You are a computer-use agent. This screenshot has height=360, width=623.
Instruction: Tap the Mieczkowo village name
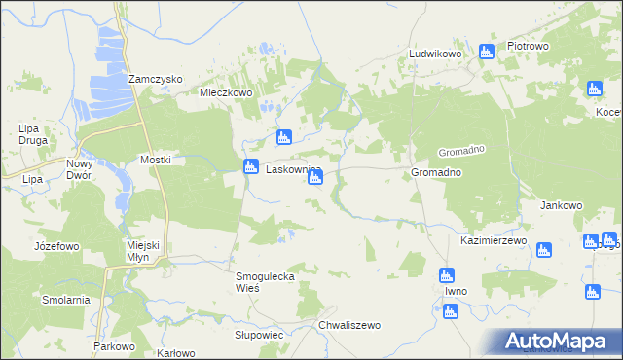[226, 93]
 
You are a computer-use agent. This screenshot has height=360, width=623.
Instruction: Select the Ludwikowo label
[434, 54]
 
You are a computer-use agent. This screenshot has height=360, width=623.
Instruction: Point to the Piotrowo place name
[529, 46]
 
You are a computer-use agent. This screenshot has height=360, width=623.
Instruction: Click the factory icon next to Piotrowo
[487, 51]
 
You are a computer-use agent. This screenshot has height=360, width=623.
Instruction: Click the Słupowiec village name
[259, 334]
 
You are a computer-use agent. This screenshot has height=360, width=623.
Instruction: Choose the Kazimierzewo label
[494, 240]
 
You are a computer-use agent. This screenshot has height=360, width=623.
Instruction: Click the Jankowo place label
[561, 206]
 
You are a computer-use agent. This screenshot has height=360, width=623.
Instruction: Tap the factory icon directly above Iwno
[446, 274]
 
